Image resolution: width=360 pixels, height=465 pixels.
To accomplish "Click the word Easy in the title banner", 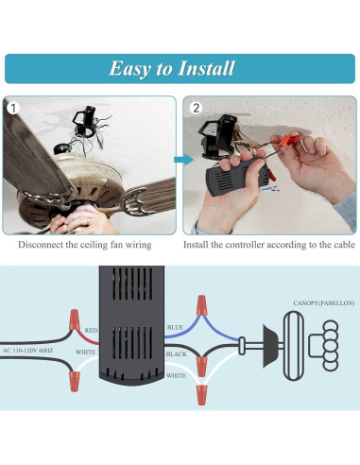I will point(131,68).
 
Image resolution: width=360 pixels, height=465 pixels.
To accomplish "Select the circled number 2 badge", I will point(196,107).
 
